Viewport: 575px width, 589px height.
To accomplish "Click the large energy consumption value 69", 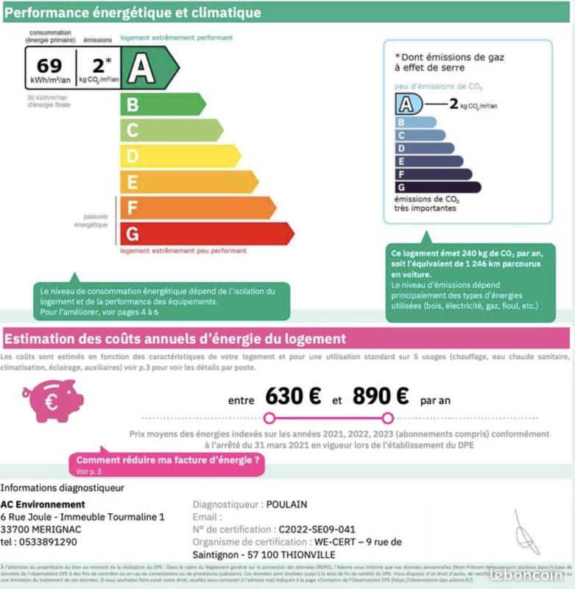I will point(49,66).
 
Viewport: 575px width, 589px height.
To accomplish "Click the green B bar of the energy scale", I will point(162,104).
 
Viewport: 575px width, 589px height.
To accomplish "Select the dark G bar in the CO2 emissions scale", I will point(438,186).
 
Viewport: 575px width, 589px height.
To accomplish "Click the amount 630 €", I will point(294,396).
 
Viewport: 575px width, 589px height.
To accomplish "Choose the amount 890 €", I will point(381,396).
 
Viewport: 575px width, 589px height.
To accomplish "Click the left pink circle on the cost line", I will point(269,418).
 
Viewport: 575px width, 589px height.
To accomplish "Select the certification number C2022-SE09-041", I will point(317,529).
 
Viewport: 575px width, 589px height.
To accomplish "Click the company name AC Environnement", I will point(43,504).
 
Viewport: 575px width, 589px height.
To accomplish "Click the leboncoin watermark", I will point(531,573).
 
